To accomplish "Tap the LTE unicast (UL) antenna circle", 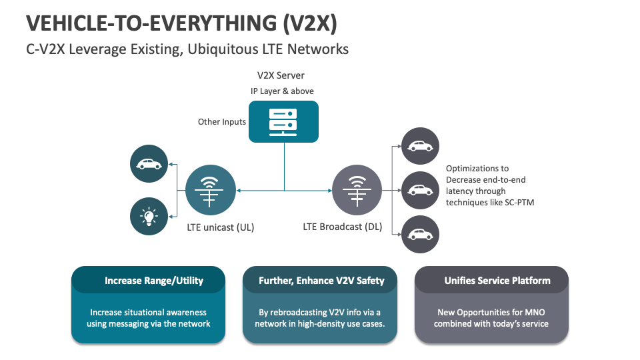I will click(x=210, y=191).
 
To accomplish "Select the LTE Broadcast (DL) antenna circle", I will click(x=357, y=191).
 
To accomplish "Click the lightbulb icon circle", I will click(x=149, y=216).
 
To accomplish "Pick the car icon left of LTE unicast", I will click(x=149, y=163).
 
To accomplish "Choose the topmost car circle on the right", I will click(x=420, y=146).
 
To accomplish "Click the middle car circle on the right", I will click(x=420, y=191).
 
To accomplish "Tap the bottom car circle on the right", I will click(x=420, y=235).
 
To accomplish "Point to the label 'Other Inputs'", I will click(x=222, y=122).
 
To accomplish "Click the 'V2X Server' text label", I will click(x=281, y=76).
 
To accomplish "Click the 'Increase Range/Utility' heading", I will click(x=154, y=281).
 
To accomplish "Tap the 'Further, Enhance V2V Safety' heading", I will click(x=321, y=281).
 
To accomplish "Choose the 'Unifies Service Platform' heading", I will click(x=497, y=281).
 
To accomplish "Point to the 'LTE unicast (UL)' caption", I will click(x=221, y=227).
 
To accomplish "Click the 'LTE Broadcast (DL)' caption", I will click(x=343, y=227).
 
